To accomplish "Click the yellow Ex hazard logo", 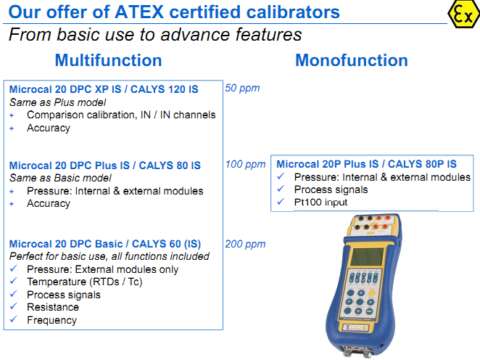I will click(461, 14).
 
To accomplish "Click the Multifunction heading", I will click(108, 60).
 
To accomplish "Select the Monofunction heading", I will click(351, 60).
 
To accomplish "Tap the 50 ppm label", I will click(242, 89).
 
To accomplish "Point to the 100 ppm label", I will click(245, 164).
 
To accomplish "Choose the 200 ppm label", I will click(245, 244).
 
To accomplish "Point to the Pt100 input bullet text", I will click(320, 202).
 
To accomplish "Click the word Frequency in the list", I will click(51, 320).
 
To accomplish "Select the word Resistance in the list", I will click(53, 307).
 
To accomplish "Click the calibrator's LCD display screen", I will click(367, 255).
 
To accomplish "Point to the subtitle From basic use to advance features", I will click(155, 34).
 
